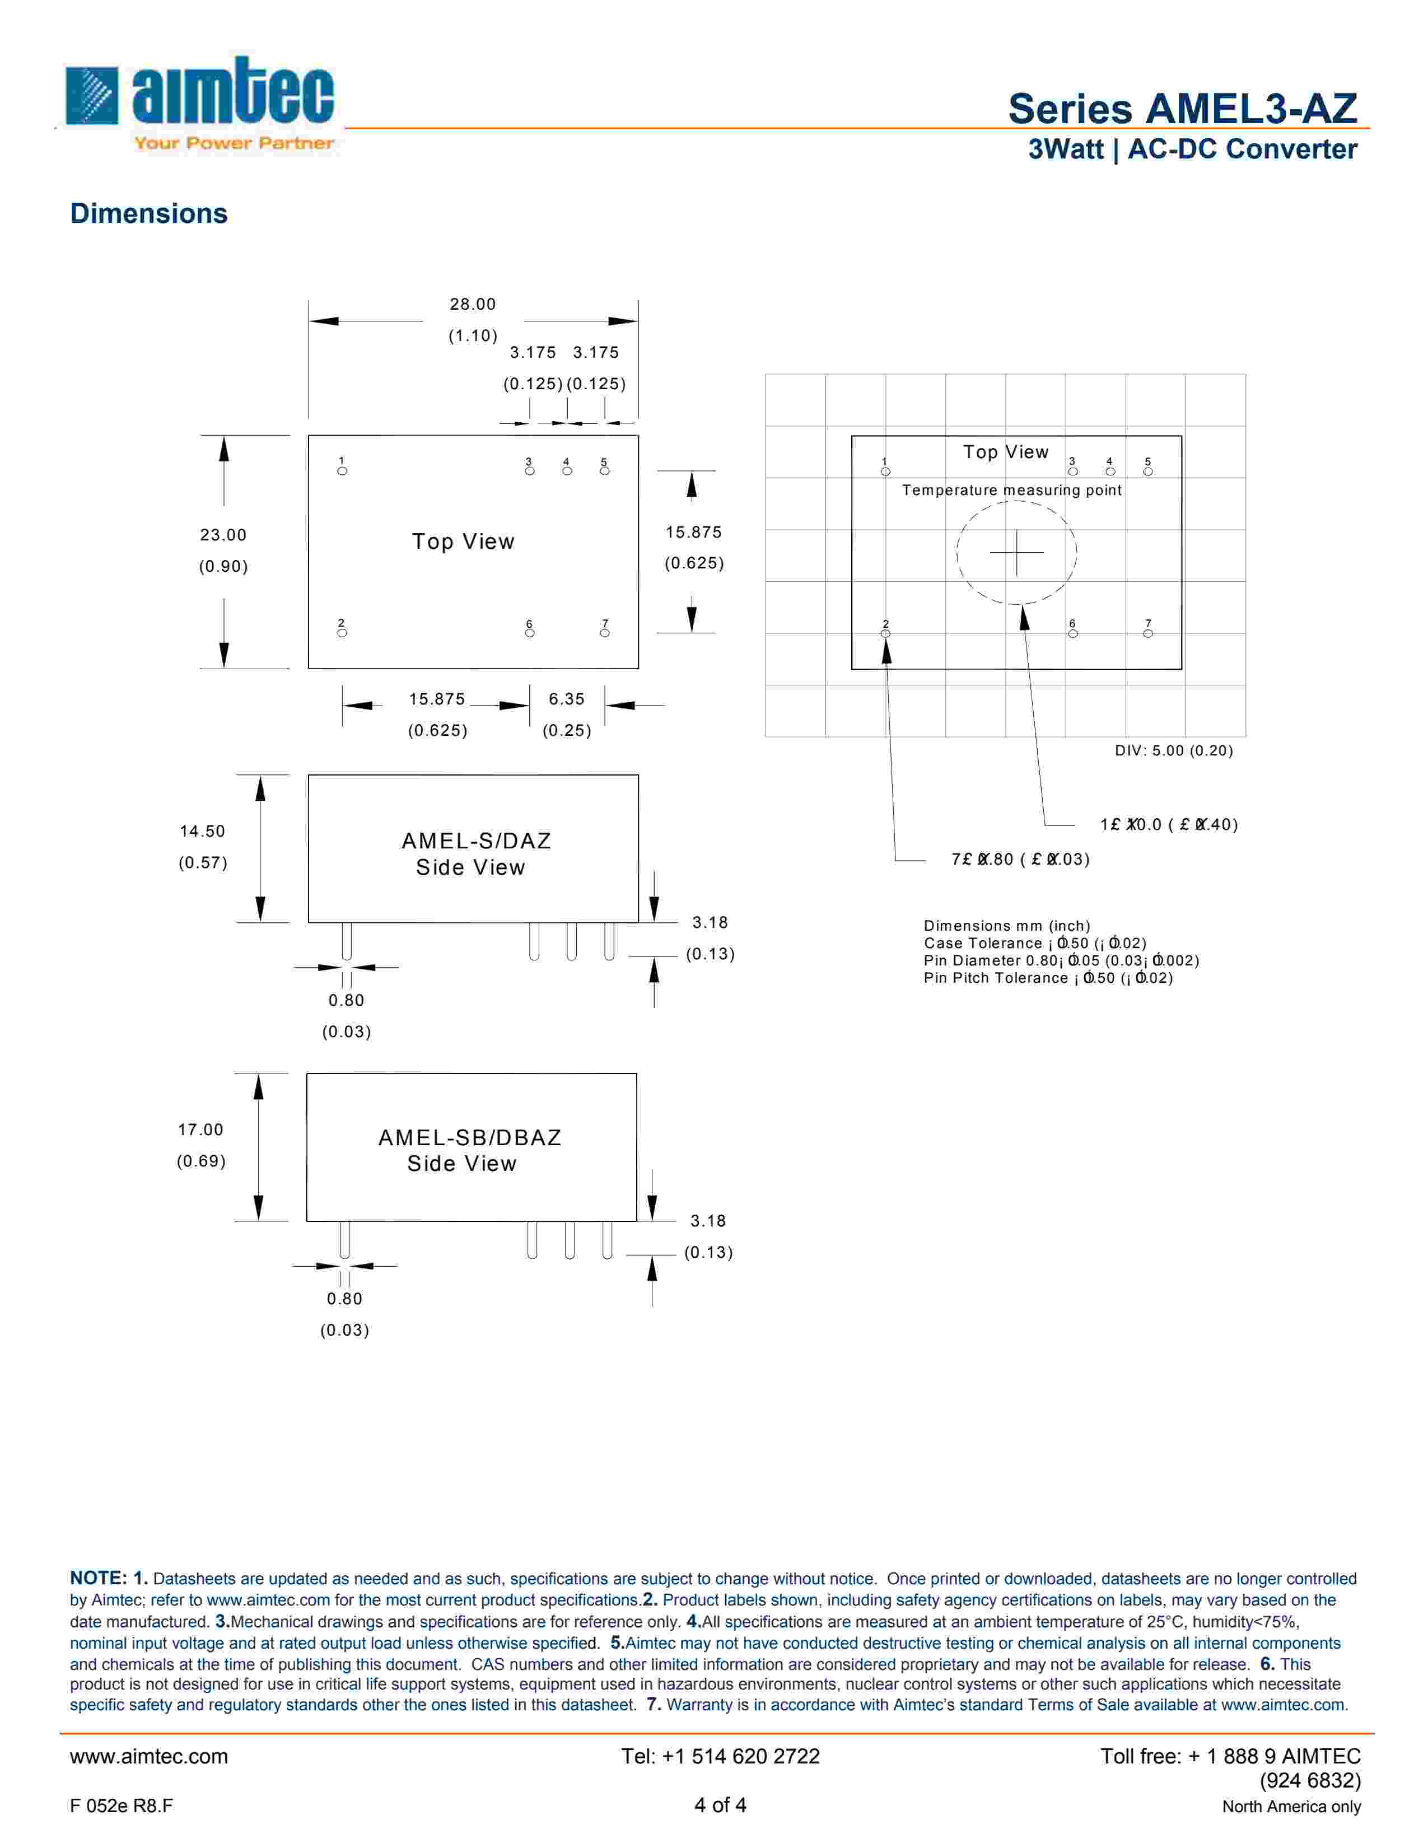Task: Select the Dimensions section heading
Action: click(x=149, y=213)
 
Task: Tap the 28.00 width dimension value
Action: click(x=473, y=304)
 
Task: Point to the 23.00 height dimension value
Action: click(x=223, y=535)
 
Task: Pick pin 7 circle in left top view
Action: click(x=605, y=633)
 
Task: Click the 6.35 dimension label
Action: click(x=566, y=699)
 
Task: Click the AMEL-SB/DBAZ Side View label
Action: click(x=469, y=1150)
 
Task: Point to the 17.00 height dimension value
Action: click(x=200, y=1130)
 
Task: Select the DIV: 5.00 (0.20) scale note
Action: click(x=1173, y=750)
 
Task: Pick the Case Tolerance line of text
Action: click(x=1035, y=942)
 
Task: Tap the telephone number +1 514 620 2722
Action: click(x=720, y=1756)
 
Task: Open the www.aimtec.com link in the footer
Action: click(x=149, y=1756)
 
